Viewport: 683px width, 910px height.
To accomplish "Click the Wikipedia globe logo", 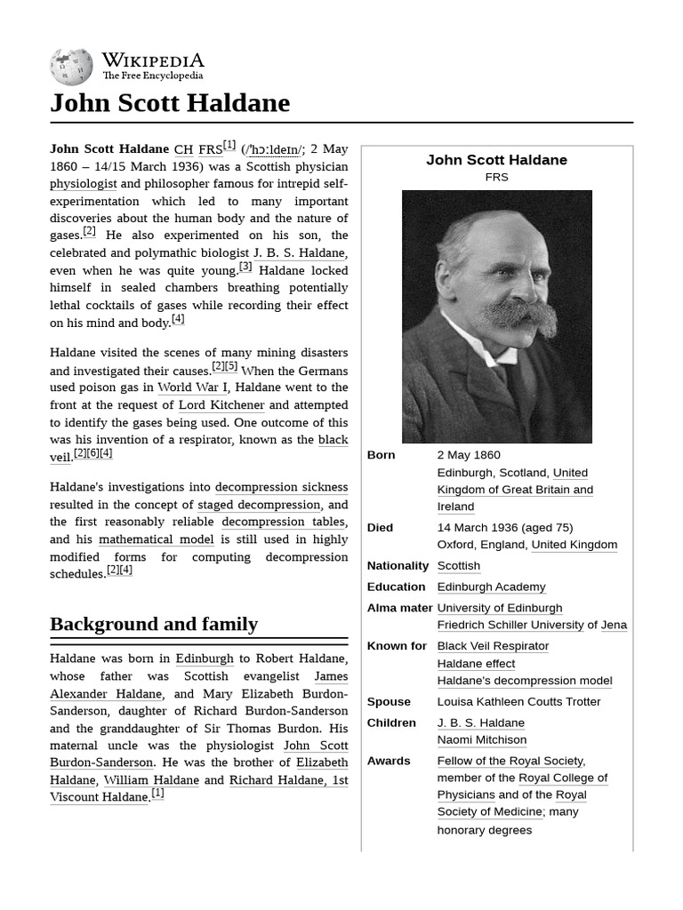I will (x=71, y=67).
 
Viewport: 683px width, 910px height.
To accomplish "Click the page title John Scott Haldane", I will (x=170, y=103).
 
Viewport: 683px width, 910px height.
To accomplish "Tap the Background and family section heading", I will (x=154, y=624).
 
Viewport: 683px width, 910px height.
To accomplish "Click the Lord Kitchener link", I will (x=221, y=405).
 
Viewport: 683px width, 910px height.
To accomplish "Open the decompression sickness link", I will (x=281, y=487).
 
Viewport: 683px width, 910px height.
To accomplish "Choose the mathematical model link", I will (x=157, y=539).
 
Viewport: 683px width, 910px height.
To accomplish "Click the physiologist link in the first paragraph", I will (x=84, y=184).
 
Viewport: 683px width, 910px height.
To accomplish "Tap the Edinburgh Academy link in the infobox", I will (x=491, y=587).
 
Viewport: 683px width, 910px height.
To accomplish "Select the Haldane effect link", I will (x=476, y=663).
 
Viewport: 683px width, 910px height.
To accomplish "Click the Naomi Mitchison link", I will (x=481, y=739).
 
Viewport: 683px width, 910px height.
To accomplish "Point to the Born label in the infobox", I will (x=381, y=455).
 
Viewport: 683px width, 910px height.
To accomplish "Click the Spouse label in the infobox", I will (x=389, y=701).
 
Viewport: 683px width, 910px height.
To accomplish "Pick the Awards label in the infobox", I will (x=389, y=761).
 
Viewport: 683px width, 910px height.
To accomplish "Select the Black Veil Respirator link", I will (x=493, y=646).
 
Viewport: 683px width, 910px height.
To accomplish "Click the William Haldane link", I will (x=151, y=780).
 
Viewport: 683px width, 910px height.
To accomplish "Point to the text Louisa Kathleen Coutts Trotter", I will (x=518, y=701).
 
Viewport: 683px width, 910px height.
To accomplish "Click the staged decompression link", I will (x=259, y=505).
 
